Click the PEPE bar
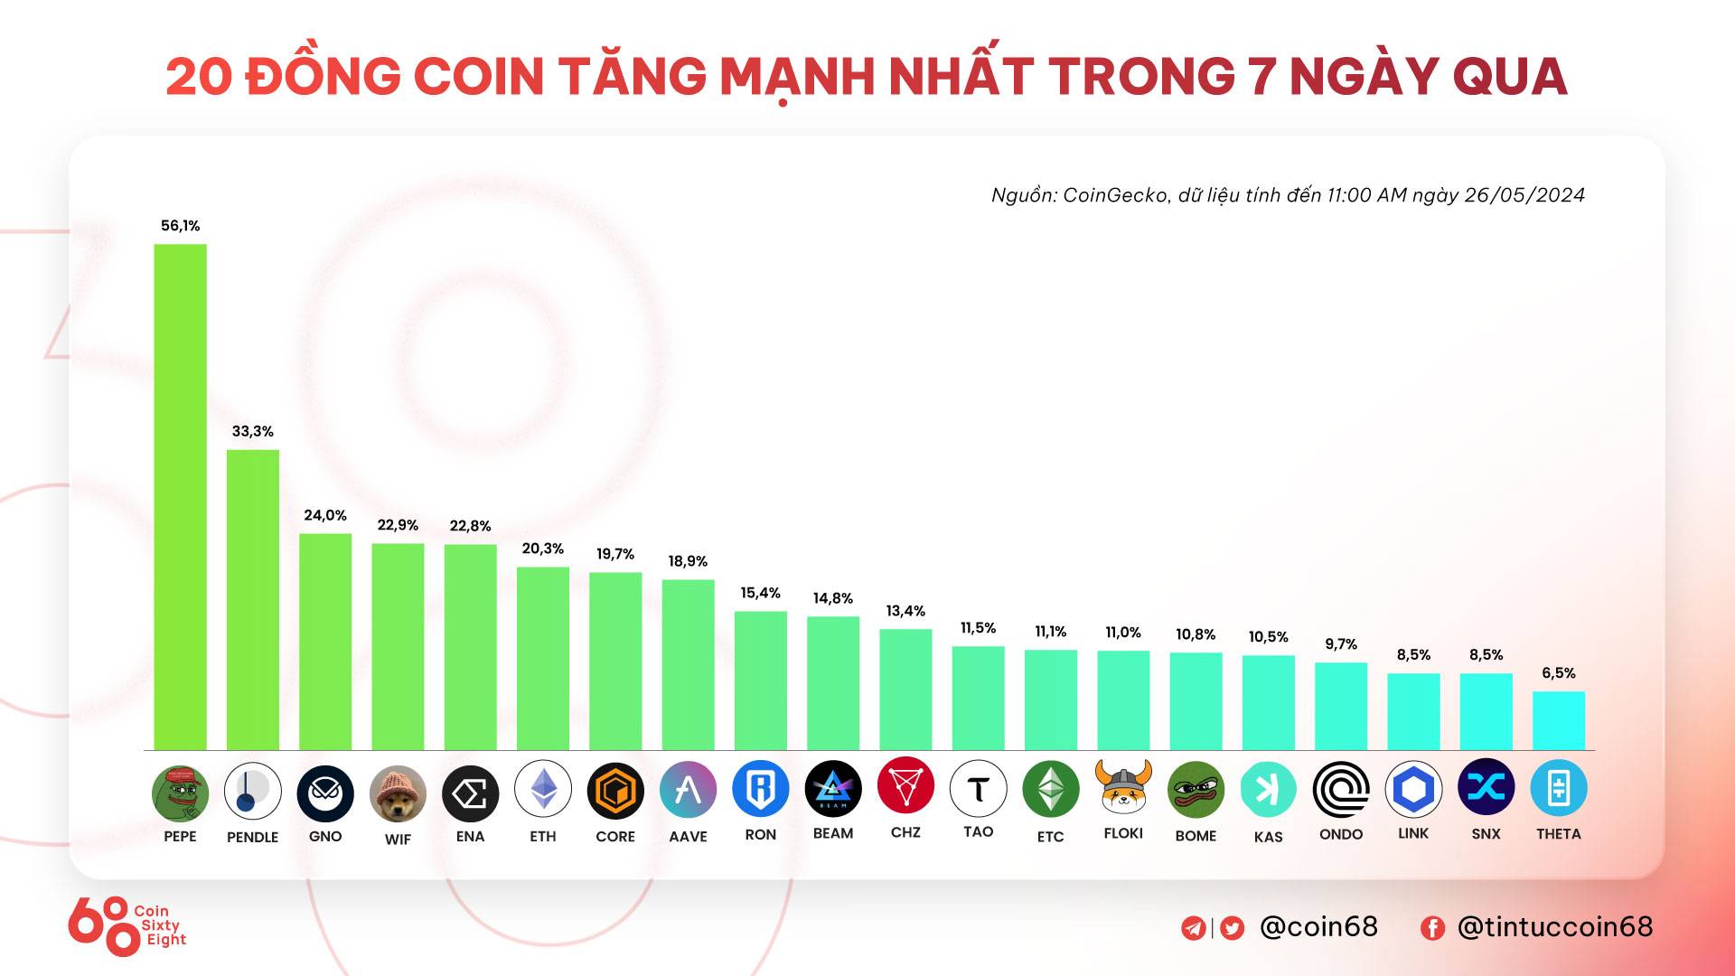coord(180,497)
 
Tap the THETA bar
coord(1558,720)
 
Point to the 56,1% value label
coord(180,226)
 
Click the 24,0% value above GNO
coord(325,515)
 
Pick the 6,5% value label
coord(1558,673)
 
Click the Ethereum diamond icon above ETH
coord(543,789)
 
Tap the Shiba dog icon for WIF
coord(398,793)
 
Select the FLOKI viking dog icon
coord(1123,787)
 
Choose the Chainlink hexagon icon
coord(1413,789)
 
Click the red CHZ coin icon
coord(905,785)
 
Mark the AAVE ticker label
coord(688,837)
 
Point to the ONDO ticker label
coord(1341,834)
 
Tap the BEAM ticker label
coord(833,833)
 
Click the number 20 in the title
coord(200,76)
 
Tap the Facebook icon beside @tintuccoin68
coord(1432,928)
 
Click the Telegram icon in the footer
coord(1193,928)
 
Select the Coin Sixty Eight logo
coord(127,925)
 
